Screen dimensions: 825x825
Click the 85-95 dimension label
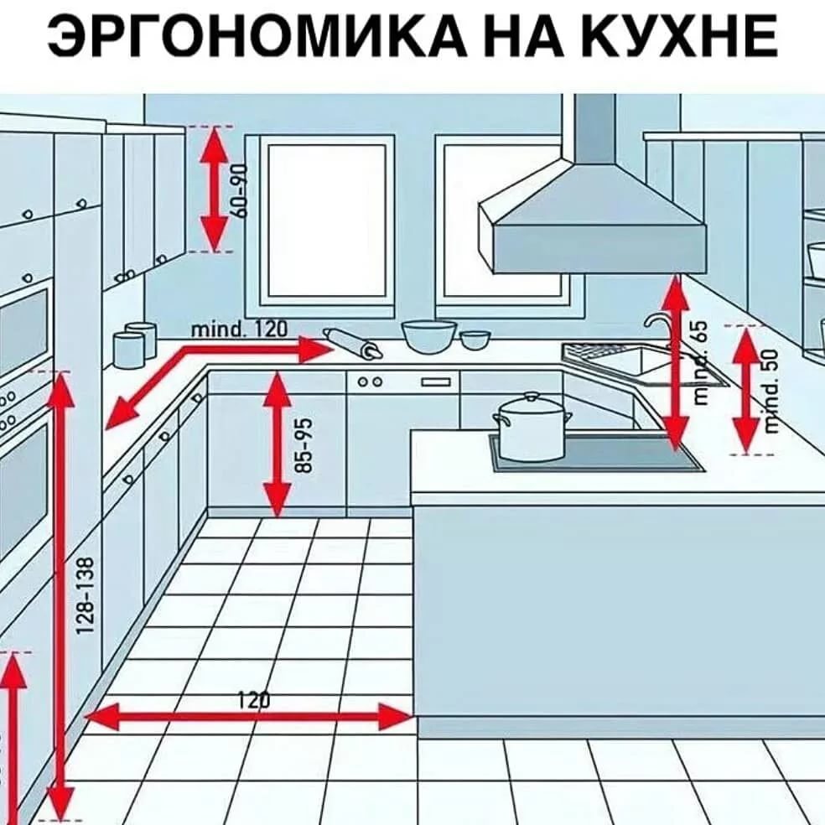[x=306, y=444]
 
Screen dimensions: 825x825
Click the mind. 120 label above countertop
[x=240, y=329]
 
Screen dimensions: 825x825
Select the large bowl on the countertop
[x=429, y=335]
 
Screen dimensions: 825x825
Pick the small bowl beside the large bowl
[x=475, y=339]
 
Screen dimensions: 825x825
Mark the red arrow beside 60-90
[x=215, y=189]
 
